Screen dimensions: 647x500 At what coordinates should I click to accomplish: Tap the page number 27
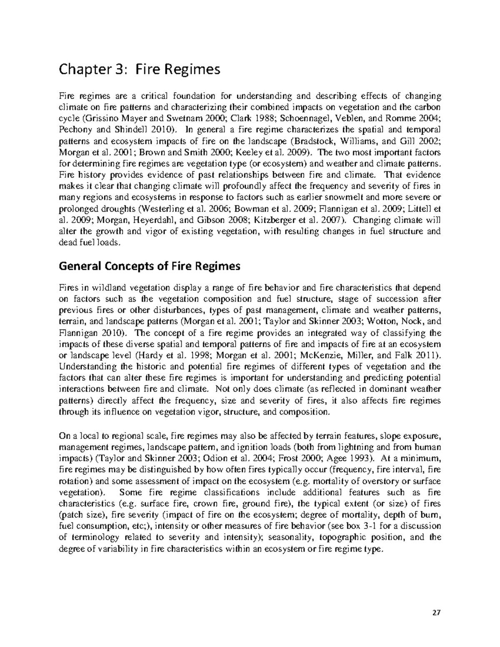tap(436, 613)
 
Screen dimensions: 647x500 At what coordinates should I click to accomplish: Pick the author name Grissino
tap(92, 118)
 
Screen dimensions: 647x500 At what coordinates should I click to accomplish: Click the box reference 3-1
tap(372, 526)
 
